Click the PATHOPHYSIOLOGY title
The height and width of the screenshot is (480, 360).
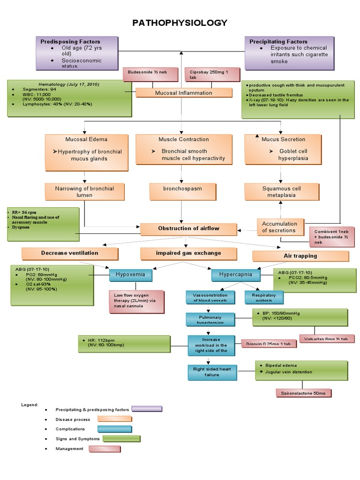point(180,22)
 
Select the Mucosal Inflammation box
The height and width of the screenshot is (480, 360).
point(184,93)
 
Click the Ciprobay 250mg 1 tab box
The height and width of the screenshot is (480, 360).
point(212,75)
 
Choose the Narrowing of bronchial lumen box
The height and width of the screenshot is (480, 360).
point(84,192)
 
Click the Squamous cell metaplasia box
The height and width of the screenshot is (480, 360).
point(281,192)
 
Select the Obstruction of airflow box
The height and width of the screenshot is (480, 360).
point(188,229)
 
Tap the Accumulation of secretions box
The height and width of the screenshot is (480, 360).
point(279,227)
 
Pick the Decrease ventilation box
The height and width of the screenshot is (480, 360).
point(70,253)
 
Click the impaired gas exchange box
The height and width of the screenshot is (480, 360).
point(188,253)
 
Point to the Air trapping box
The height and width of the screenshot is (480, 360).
point(300,256)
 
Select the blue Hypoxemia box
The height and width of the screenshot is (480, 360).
point(130,275)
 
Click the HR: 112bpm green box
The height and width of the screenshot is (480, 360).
point(118,344)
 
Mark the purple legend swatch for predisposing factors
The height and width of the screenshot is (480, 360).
point(147,409)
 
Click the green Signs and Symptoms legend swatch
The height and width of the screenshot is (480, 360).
point(121,439)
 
